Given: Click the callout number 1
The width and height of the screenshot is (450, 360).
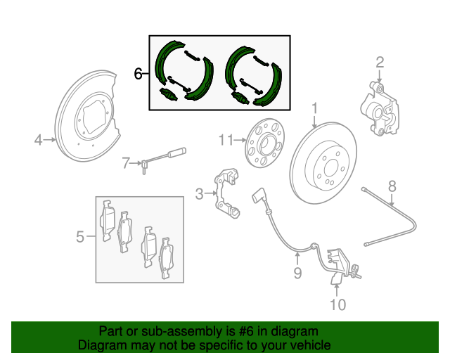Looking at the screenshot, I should click(x=315, y=109).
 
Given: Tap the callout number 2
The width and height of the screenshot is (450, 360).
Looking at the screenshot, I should click(x=380, y=63).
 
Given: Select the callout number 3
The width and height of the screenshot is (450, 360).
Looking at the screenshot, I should click(x=199, y=193).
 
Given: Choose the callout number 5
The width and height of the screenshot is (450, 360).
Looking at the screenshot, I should click(x=80, y=237).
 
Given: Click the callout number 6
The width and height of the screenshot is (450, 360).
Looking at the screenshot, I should click(x=139, y=73).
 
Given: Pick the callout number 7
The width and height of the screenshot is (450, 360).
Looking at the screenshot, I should click(x=126, y=163).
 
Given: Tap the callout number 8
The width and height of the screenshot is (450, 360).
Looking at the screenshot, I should click(x=392, y=186).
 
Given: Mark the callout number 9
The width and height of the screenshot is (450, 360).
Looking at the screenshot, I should click(x=297, y=272).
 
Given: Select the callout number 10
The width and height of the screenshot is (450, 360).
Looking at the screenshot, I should click(x=337, y=304).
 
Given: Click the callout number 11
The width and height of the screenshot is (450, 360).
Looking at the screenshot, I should click(x=224, y=140).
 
